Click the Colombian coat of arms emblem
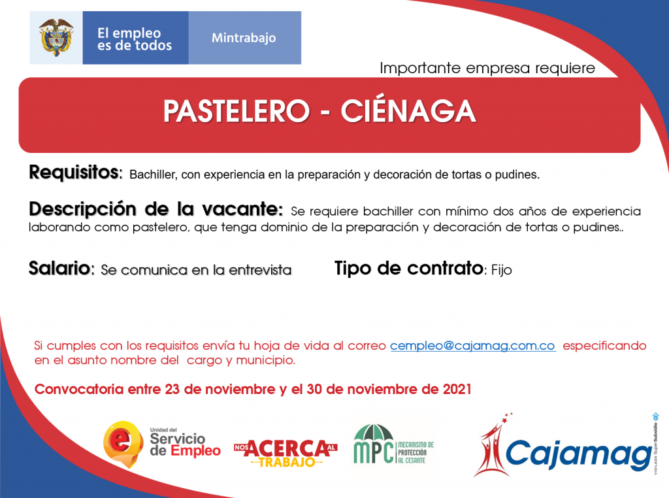56,37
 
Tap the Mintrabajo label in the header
244,38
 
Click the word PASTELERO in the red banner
237,111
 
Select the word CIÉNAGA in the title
408,110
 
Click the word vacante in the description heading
242,209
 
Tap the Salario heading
61,269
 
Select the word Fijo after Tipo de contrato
501,270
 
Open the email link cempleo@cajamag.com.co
473,346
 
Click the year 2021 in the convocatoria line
457,389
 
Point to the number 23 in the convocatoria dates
172,389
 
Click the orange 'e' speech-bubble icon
123,444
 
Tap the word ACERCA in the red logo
287,448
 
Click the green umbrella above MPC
374,435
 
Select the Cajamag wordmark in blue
579,454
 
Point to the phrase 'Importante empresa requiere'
487,68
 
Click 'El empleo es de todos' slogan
135,39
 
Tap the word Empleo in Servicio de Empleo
196,451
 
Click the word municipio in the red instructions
265,361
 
